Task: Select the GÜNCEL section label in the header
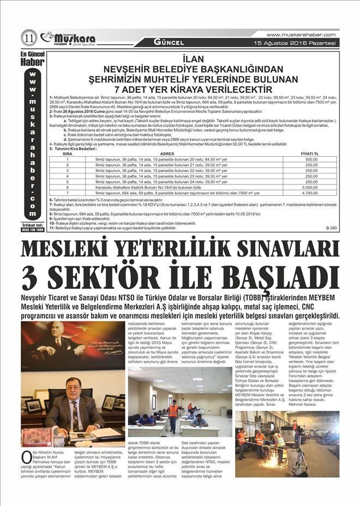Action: [x=169, y=42]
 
